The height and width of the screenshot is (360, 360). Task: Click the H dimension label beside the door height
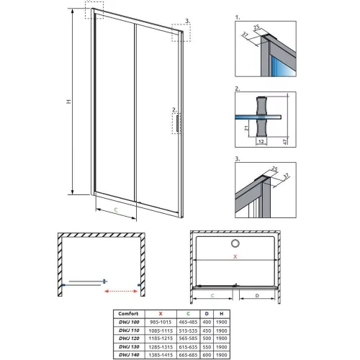[68, 103]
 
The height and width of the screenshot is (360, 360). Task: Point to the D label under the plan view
[256, 295]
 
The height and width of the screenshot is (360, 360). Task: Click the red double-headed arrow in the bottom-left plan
[122, 291]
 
